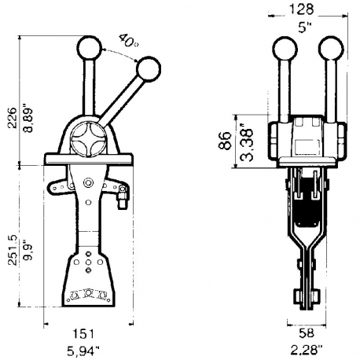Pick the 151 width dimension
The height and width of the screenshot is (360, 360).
[88, 332]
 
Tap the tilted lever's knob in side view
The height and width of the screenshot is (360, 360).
[147, 71]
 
